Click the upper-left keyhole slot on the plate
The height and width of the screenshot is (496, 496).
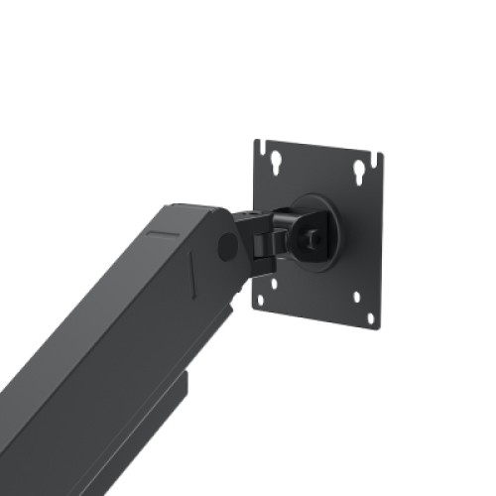coord(275,161)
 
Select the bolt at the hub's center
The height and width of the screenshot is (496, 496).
coord(312,238)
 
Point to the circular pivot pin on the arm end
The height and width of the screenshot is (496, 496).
coord(228,246)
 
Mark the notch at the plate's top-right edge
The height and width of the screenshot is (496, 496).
coord(377,158)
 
